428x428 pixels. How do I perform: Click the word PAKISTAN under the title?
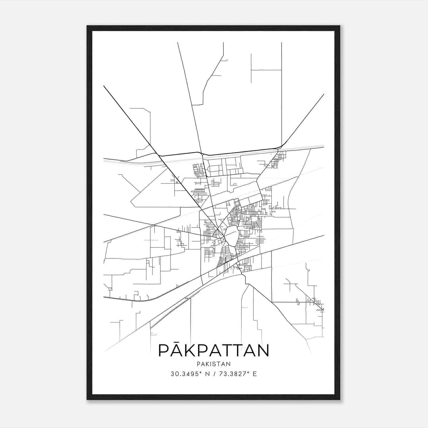point(213,364)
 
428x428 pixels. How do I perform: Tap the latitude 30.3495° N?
point(189,374)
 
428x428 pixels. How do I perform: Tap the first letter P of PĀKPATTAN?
point(164,351)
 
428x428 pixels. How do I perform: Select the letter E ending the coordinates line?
point(255,374)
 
